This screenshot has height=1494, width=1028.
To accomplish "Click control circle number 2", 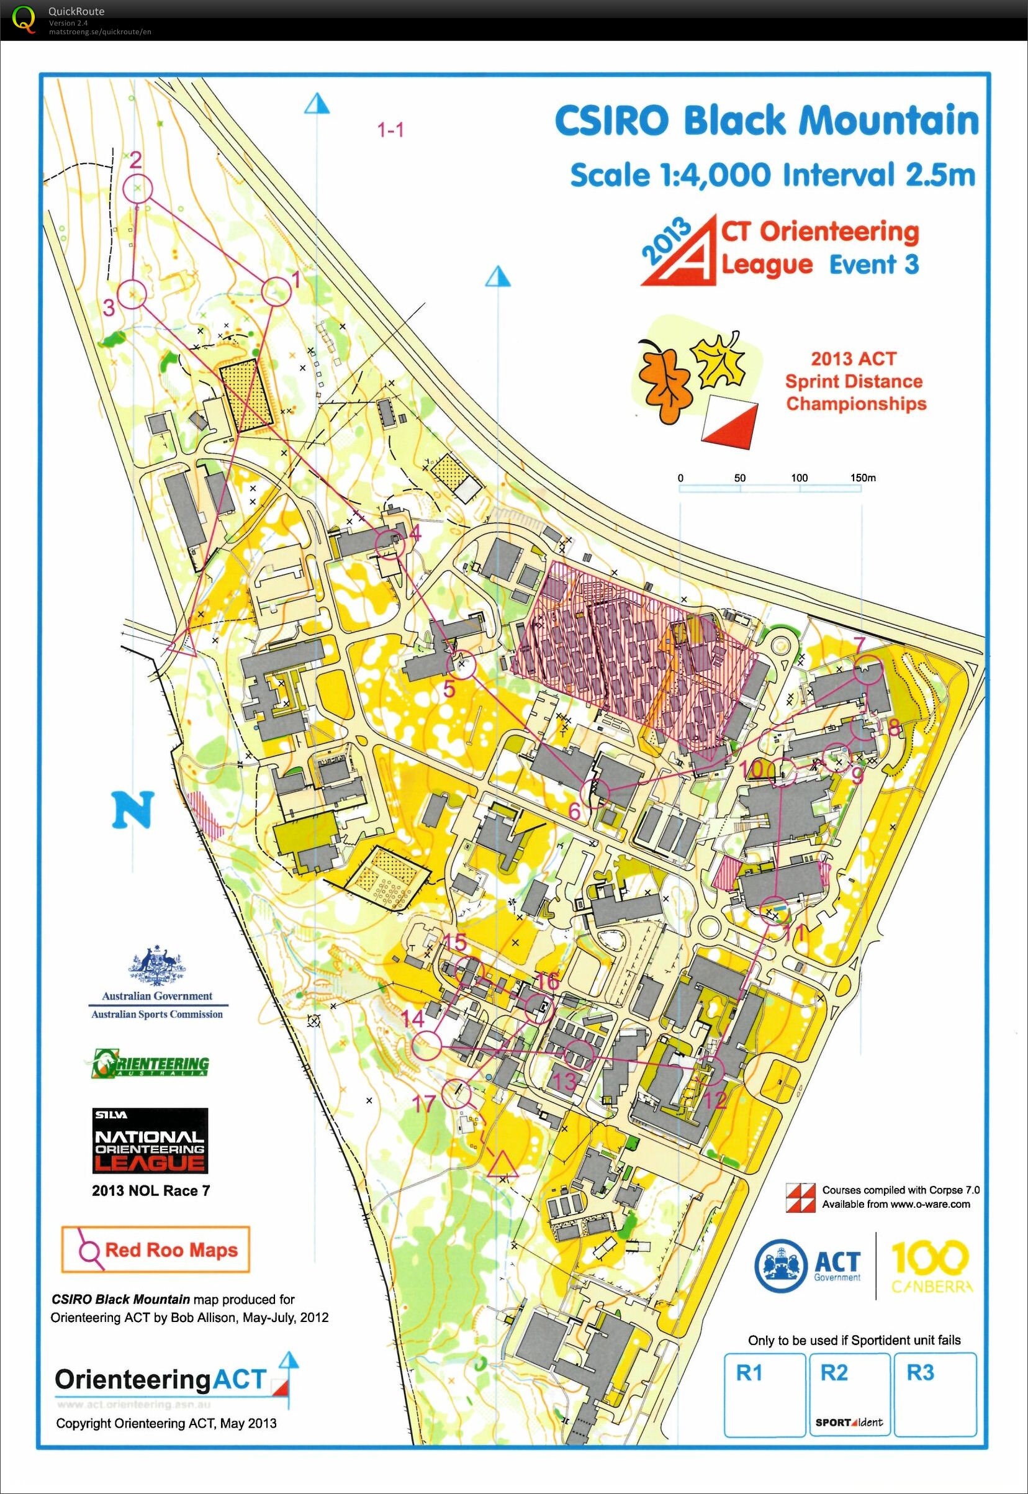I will (x=138, y=189).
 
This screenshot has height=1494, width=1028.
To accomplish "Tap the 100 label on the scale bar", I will (x=799, y=478).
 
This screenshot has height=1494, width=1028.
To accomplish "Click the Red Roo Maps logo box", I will (x=155, y=1250).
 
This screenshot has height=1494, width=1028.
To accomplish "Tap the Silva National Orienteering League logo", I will (x=150, y=1139).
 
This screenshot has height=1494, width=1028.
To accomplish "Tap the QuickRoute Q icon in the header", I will (x=24, y=19).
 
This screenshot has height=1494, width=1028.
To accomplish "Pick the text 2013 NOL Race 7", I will (x=151, y=1190).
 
